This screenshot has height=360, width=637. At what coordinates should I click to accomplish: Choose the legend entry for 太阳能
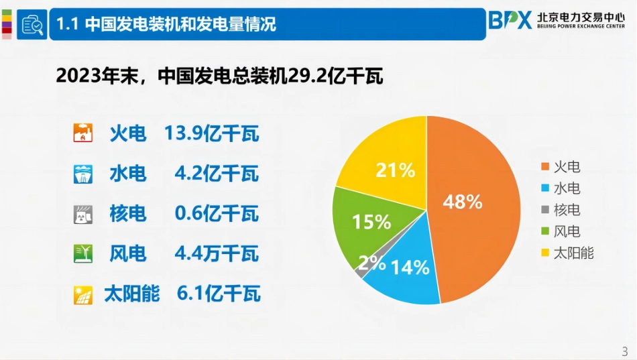click(567, 253)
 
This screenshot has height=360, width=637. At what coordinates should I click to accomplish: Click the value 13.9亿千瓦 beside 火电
click(211, 134)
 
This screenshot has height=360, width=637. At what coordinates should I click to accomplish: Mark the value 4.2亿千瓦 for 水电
click(216, 174)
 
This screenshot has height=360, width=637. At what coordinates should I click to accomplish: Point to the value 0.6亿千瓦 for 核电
click(216, 214)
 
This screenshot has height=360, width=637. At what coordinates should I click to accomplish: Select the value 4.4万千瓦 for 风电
click(216, 254)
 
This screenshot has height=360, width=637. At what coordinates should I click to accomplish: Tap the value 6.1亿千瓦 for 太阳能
click(219, 294)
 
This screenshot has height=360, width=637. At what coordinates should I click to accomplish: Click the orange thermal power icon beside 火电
click(82, 134)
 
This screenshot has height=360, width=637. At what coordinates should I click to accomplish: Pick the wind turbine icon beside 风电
click(82, 254)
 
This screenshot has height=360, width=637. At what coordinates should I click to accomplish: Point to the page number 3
click(624, 351)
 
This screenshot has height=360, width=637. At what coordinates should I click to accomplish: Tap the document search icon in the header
click(32, 25)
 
